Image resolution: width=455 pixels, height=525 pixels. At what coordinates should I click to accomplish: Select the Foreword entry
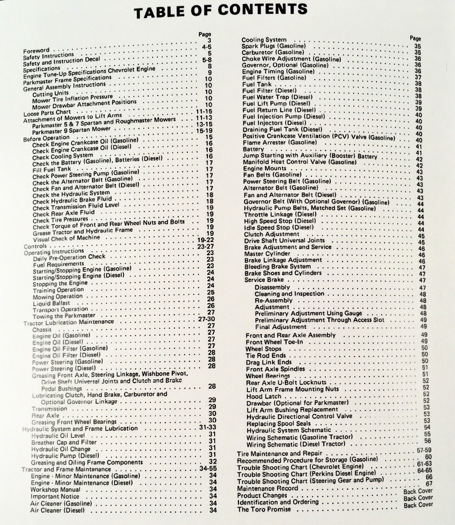[36, 51]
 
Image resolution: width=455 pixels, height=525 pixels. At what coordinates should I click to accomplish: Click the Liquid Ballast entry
[51, 303]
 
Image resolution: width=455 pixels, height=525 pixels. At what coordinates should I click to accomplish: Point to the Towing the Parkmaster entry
[64, 316]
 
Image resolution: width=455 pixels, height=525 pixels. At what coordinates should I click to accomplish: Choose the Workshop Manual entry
[55, 490]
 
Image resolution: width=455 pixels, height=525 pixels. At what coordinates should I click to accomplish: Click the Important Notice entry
[55, 496]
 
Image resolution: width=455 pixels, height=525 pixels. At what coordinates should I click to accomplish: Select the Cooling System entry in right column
[264, 40]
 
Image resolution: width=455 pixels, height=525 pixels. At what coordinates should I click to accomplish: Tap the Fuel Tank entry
[257, 84]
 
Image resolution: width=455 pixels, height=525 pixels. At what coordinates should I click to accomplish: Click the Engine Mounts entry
[265, 169]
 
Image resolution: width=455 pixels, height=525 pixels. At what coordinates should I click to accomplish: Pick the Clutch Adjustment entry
[271, 234]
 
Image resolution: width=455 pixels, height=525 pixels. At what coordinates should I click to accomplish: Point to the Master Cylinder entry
[267, 254]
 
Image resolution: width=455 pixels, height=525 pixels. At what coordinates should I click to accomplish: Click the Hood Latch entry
[264, 396]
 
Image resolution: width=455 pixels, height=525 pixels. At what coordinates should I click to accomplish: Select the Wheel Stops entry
[264, 349]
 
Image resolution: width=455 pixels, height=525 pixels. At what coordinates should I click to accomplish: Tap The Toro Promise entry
[264, 509]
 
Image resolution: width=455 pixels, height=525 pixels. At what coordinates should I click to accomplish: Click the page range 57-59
[424, 451]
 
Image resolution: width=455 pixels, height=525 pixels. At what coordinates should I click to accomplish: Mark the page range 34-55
[208, 469]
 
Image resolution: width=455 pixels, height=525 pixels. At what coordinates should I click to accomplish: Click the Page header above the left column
[205, 34]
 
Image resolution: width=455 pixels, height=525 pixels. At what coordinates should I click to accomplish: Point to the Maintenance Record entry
[267, 488]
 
